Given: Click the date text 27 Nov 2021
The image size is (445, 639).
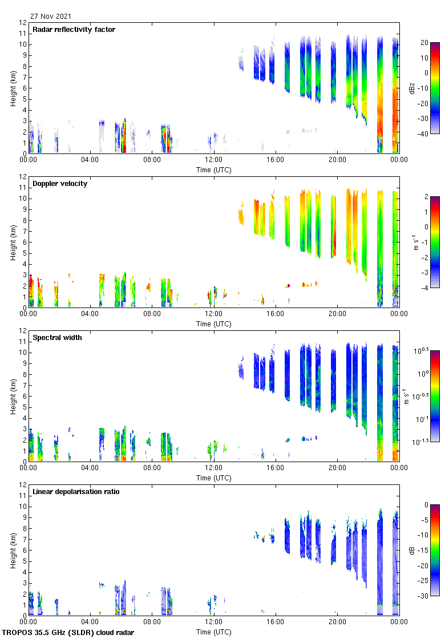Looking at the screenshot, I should coord(51,17).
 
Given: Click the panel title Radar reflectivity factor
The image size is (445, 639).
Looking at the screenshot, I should coord(74,30).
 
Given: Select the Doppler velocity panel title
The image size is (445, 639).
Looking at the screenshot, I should coord(58,184).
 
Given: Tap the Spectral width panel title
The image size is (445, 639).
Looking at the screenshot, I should coord(57,338).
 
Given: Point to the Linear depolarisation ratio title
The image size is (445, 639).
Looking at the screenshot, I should coord(76,492).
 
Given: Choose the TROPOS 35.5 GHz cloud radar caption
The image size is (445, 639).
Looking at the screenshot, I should coord(68,633).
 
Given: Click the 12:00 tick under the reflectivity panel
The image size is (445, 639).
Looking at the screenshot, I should coord(213,160).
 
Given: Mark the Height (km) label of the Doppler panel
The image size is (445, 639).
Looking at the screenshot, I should coord(13,242).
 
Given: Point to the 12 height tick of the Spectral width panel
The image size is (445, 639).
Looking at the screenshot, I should coord(23,331).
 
